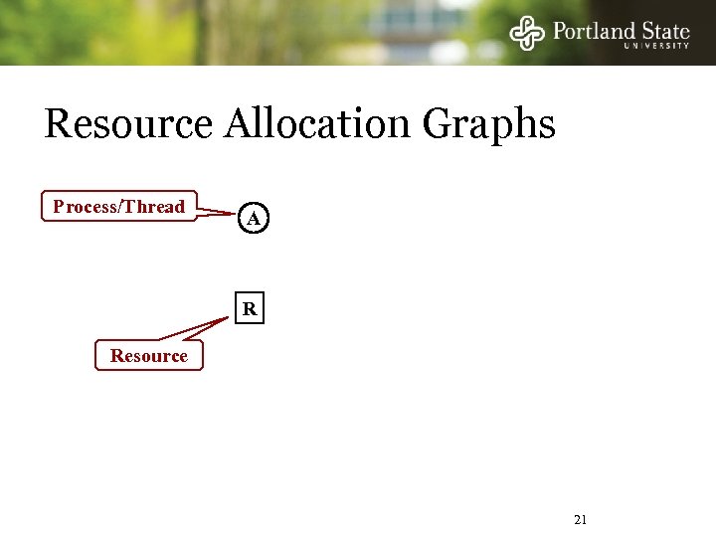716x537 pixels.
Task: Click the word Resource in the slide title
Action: click(x=128, y=125)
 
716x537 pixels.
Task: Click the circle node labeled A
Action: click(x=254, y=218)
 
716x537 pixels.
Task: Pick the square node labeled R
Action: click(x=250, y=310)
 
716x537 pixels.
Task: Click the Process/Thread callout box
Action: click(x=119, y=207)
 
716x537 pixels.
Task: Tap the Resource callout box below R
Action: click(x=148, y=356)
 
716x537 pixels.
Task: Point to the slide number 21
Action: click(x=582, y=519)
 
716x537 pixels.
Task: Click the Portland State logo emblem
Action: click(x=528, y=32)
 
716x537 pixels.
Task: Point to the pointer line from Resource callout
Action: click(x=194, y=330)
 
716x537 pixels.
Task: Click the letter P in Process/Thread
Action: click(x=59, y=207)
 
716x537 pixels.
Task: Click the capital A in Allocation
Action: click(x=239, y=125)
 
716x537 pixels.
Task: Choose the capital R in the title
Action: click(x=58, y=125)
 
